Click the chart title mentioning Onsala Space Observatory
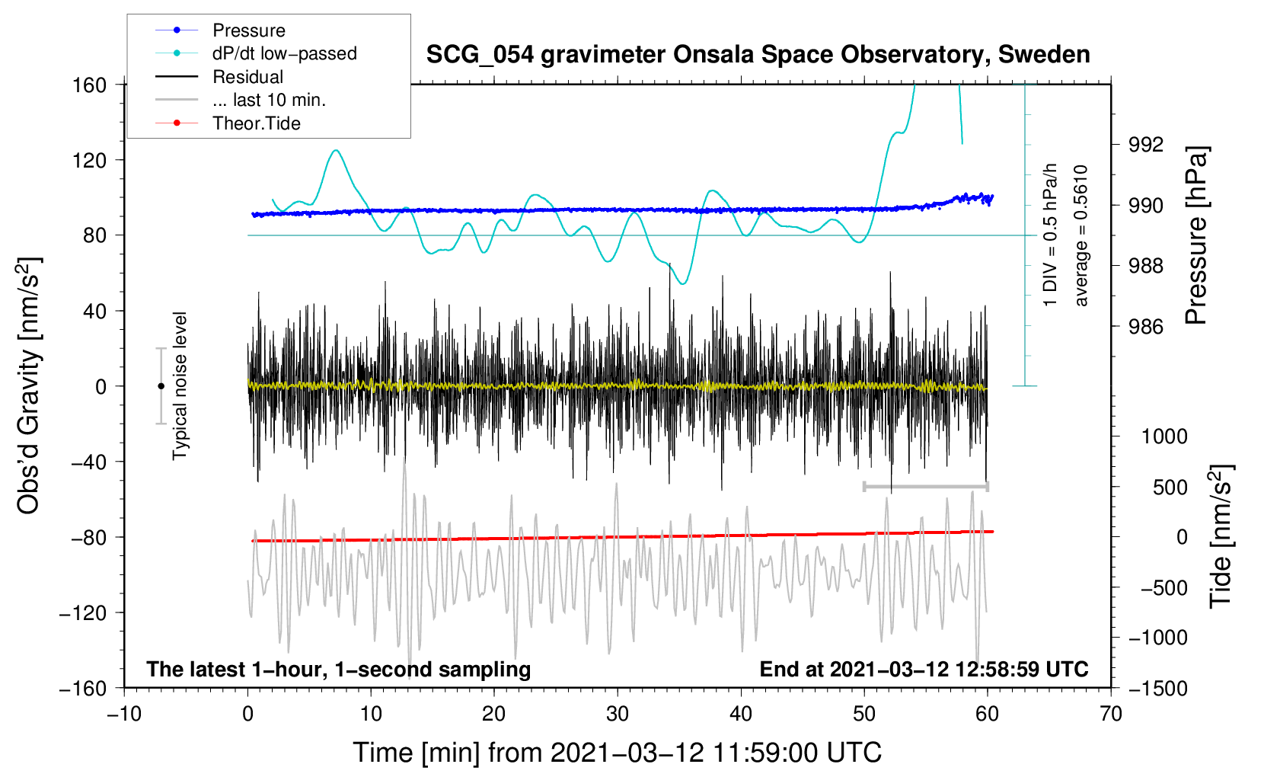758,55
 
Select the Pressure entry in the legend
249,30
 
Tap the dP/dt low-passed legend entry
285,53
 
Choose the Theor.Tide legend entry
256,123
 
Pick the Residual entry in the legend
247,77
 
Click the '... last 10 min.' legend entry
269,100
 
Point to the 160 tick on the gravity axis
90,85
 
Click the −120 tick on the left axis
83,612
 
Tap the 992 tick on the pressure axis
1145,145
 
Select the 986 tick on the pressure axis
1145,326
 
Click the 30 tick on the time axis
618,714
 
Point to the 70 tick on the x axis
1110,714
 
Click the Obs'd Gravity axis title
28,385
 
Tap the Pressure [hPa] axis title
1195,235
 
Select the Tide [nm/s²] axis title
1221,536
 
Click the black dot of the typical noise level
161,386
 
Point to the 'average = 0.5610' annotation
1080,235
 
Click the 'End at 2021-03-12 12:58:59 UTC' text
924,669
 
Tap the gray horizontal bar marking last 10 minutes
925,486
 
